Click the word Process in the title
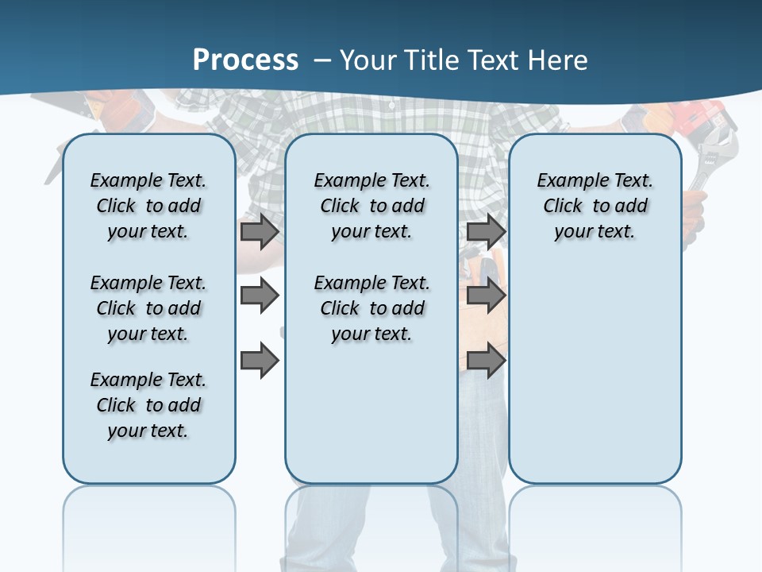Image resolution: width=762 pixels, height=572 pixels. pos(245,60)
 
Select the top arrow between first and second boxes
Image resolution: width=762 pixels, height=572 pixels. pos(260,232)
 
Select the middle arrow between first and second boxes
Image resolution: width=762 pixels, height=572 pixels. pos(260,296)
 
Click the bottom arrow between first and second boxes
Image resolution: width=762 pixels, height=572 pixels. pos(260,361)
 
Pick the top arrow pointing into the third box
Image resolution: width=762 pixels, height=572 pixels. pos(486,232)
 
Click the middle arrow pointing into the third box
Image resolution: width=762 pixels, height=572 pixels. pos(486,296)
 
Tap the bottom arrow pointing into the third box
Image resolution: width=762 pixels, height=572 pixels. pos(486,361)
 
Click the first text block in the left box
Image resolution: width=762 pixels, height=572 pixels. pos(148,206)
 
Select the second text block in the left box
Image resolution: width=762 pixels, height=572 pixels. pos(148,308)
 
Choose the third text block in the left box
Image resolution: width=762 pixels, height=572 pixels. pos(148,405)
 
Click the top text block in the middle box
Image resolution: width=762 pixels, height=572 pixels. pos(371,206)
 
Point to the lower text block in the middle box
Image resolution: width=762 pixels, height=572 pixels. pos(371,308)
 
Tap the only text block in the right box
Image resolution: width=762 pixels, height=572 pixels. pos(595,206)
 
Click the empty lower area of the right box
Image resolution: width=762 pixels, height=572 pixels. pos(595,373)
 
